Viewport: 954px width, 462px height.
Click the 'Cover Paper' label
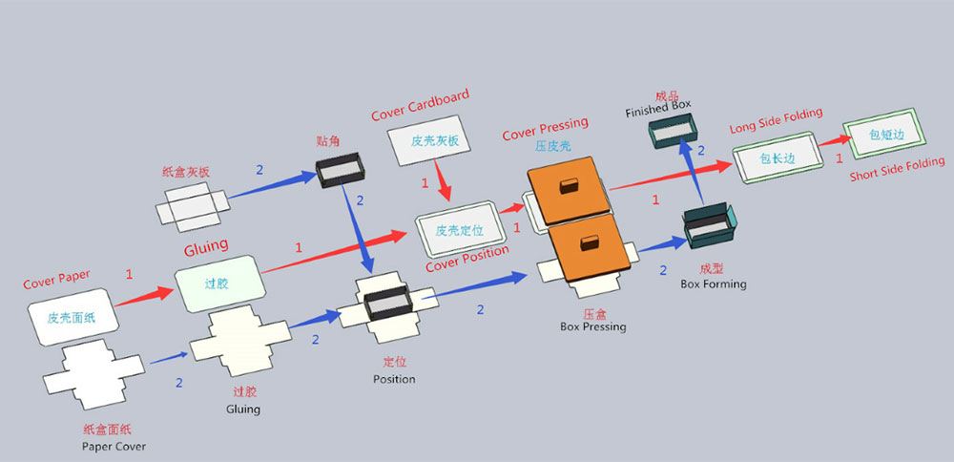(56, 279)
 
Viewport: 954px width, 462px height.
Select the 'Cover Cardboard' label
(421, 105)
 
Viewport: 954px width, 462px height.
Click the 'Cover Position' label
(467, 260)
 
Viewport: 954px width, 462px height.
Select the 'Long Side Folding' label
(776, 119)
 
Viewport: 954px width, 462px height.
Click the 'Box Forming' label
(714, 283)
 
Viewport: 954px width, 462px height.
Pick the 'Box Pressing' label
(593, 326)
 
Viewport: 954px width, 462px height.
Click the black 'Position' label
(394, 379)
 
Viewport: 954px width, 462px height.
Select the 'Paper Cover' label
(114, 446)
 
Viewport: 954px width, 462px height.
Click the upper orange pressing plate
(568, 189)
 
